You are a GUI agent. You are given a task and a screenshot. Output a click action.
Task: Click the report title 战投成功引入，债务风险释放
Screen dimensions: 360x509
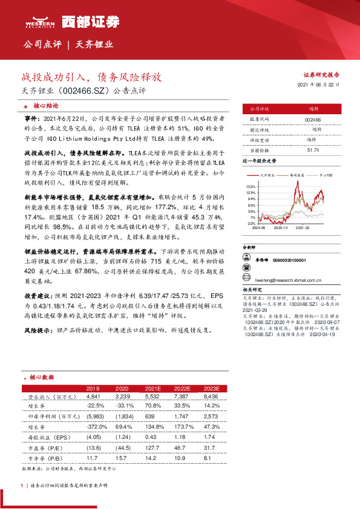[93, 78]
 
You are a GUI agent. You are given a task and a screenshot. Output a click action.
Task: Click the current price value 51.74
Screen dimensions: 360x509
[313, 149]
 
